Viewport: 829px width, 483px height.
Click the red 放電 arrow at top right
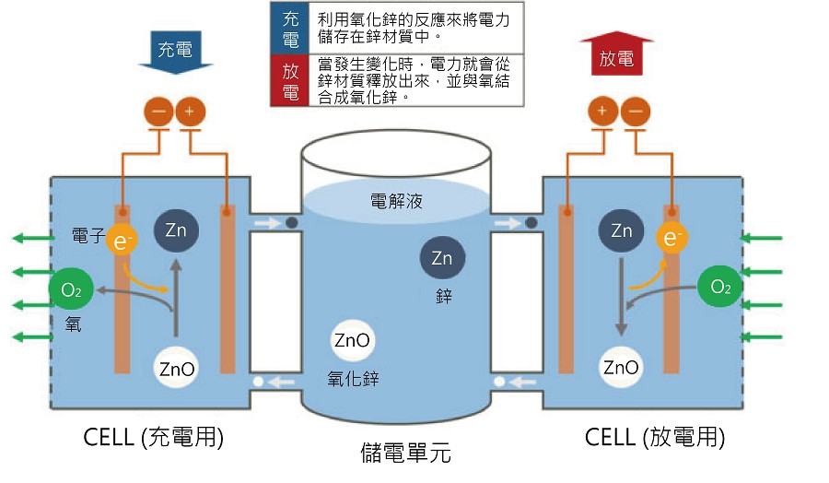click(616, 57)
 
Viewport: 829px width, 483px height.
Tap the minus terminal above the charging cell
click(159, 112)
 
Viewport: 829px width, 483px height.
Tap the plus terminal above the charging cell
click(191, 112)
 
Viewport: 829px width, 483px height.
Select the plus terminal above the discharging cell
click(602, 112)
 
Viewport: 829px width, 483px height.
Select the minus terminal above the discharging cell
click(635, 112)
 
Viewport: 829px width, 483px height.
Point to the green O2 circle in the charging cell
click(70, 290)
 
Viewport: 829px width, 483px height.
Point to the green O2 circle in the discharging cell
click(719, 287)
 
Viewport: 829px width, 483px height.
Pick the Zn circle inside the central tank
click(442, 256)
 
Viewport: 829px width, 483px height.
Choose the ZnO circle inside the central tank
click(353, 341)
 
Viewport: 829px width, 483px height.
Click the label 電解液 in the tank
click(396, 201)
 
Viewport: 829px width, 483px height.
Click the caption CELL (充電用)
click(154, 437)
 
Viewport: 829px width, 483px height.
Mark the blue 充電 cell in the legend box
click(290, 29)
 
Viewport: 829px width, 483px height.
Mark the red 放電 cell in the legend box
click(290, 80)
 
